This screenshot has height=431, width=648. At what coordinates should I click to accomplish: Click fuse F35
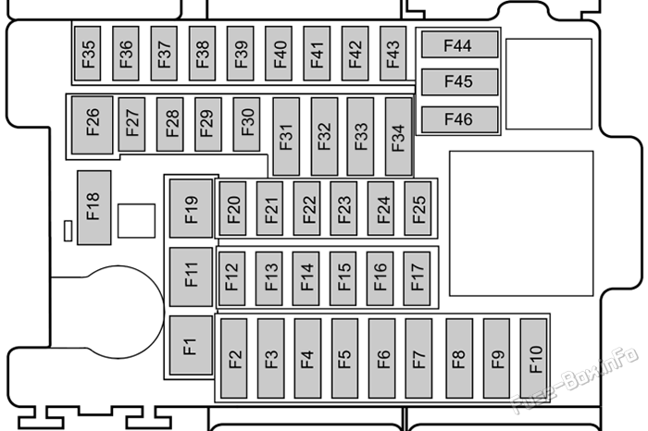[x=88, y=54]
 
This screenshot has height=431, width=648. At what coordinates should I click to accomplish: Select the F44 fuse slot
[x=459, y=44]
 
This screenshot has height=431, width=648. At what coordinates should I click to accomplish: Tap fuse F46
[x=459, y=119]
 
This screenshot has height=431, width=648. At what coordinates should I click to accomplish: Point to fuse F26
[x=93, y=126]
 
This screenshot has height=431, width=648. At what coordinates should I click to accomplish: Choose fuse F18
[x=94, y=208]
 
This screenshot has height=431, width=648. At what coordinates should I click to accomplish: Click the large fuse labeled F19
[x=191, y=208]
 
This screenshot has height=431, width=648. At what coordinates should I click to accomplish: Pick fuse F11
[x=191, y=277]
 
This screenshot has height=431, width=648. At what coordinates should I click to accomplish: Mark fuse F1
[x=191, y=346]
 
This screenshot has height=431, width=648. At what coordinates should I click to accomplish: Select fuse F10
[x=533, y=358]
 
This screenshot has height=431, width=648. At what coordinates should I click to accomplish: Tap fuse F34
[x=398, y=137]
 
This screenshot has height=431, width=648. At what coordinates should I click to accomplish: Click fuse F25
[x=417, y=208]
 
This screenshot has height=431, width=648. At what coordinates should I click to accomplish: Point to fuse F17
[x=417, y=278]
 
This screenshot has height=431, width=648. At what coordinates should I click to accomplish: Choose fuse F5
[x=344, y=358]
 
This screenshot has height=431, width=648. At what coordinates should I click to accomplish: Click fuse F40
[x=279, y=54]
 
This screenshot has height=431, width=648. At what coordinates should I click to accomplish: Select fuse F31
[x=286, y=137]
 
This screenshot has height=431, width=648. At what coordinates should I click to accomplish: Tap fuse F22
[x=307, y=208]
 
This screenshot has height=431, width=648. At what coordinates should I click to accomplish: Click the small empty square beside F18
[x=136, y=221]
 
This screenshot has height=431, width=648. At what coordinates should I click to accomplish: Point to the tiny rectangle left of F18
[x=69, y=231]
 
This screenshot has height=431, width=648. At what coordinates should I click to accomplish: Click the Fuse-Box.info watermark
[x=575, y=381]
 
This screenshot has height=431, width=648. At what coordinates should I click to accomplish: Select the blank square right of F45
[x=549, y=84]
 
